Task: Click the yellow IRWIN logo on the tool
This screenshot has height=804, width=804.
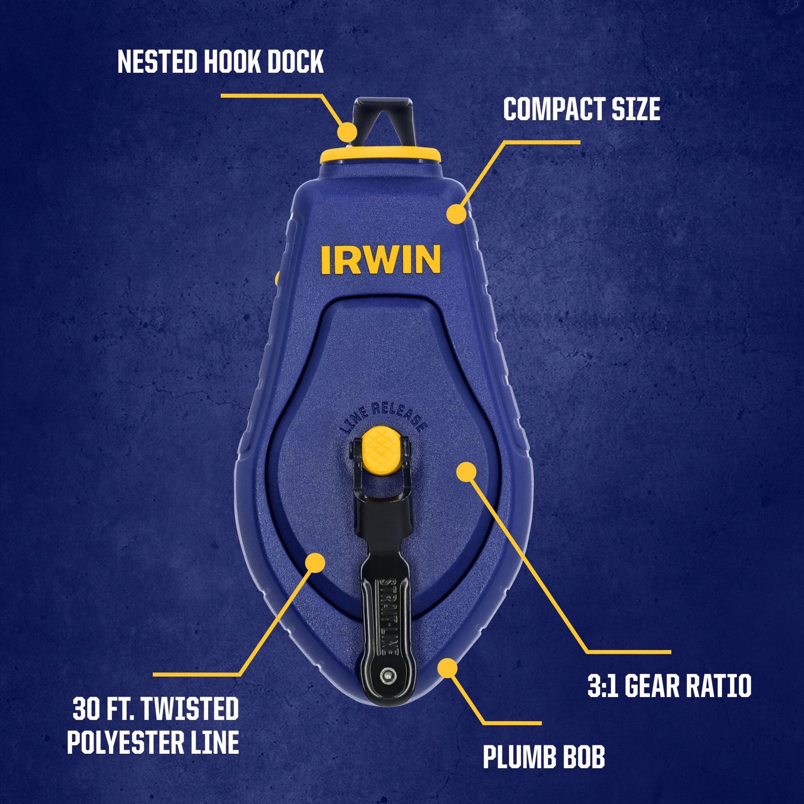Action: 381,260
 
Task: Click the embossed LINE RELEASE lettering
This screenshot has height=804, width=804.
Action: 384,417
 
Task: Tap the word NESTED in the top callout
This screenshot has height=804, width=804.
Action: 157,62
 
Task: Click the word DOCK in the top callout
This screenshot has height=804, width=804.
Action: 296,62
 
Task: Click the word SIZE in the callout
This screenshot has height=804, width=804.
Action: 636,110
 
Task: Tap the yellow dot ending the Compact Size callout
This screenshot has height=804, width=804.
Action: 456,214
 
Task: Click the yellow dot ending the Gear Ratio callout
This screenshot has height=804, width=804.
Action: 466,472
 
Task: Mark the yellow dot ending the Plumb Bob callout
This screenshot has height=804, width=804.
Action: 448,668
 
